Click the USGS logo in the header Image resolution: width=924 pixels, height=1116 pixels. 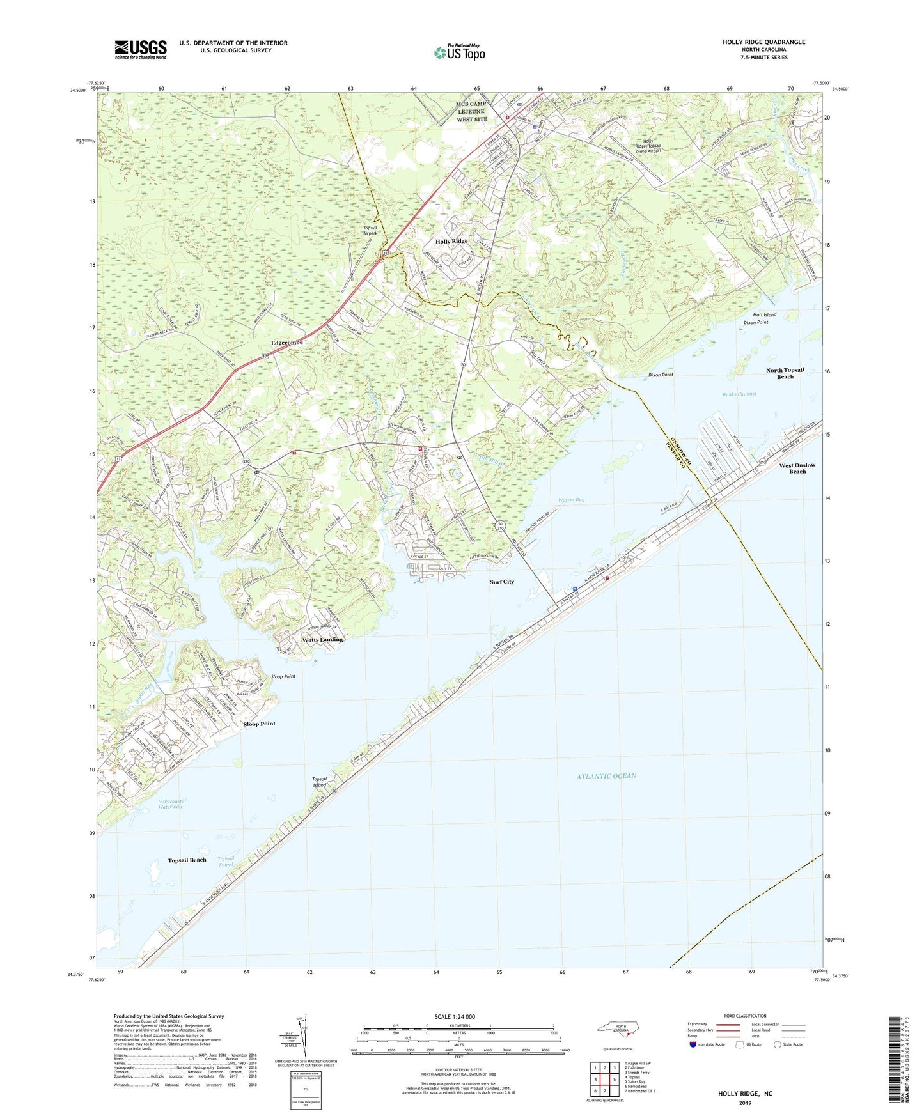point(141,49)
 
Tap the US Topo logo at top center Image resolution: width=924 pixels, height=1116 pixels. point(459,52)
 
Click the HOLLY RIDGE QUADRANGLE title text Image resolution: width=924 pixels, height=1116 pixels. point(763,42)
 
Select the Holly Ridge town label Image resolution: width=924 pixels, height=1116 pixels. point(451,241)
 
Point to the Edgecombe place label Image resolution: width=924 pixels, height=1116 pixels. point(286,343)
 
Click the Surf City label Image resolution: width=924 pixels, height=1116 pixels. point(501,582)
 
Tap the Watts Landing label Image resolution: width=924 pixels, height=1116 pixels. point(322,639)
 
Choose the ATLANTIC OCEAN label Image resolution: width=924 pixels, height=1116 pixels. point(606,776)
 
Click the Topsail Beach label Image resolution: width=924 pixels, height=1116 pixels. point(187,860)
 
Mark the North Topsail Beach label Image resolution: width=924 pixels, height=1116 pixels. point(785,373)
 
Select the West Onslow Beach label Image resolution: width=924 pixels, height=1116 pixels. point(797,468)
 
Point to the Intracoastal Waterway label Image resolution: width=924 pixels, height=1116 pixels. point(170,803)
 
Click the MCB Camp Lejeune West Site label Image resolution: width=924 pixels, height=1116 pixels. point(471,111)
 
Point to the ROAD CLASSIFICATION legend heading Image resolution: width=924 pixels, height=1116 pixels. point(745,1016)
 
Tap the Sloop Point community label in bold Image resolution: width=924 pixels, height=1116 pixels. point(259,724)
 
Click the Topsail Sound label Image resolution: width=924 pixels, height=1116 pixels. point(226,862)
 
